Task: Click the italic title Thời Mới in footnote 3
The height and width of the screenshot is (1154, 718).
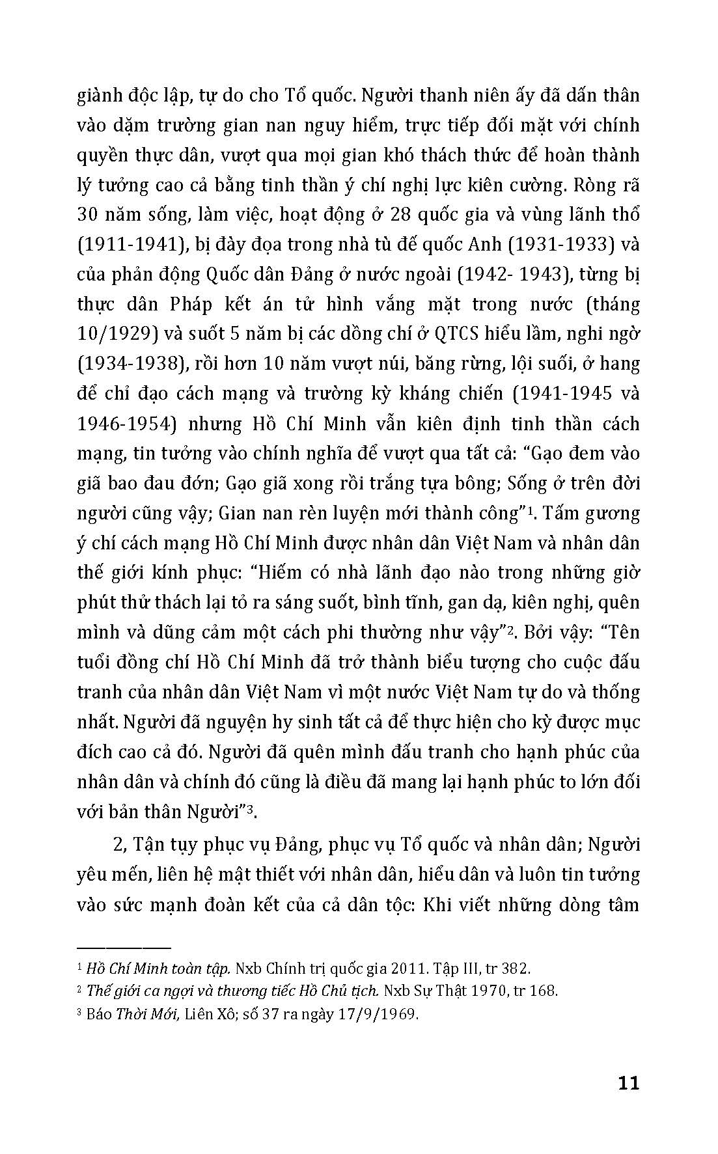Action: [138, 1015]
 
